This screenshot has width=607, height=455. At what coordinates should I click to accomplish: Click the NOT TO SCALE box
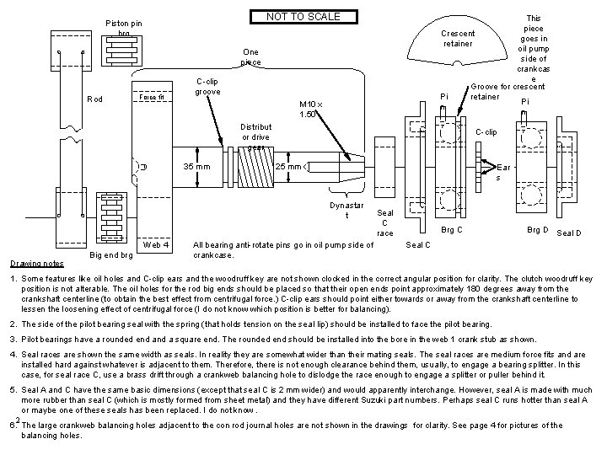(303, 17)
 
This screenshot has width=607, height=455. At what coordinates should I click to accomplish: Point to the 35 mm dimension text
(196, 165)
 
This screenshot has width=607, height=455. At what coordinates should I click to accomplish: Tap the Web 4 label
(157, 245)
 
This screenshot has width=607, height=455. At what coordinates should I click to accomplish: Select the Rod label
(94, 99)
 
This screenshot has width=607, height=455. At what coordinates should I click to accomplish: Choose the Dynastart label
(346, 210)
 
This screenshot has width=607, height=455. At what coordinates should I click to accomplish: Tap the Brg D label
(537, 229)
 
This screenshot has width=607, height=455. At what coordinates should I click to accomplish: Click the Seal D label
(570, 232)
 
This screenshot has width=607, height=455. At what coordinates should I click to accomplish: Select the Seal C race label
(385, 222)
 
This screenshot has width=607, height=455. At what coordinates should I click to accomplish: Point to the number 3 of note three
(13, 339)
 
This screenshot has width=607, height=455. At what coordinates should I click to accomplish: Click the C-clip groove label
(207, 86)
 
